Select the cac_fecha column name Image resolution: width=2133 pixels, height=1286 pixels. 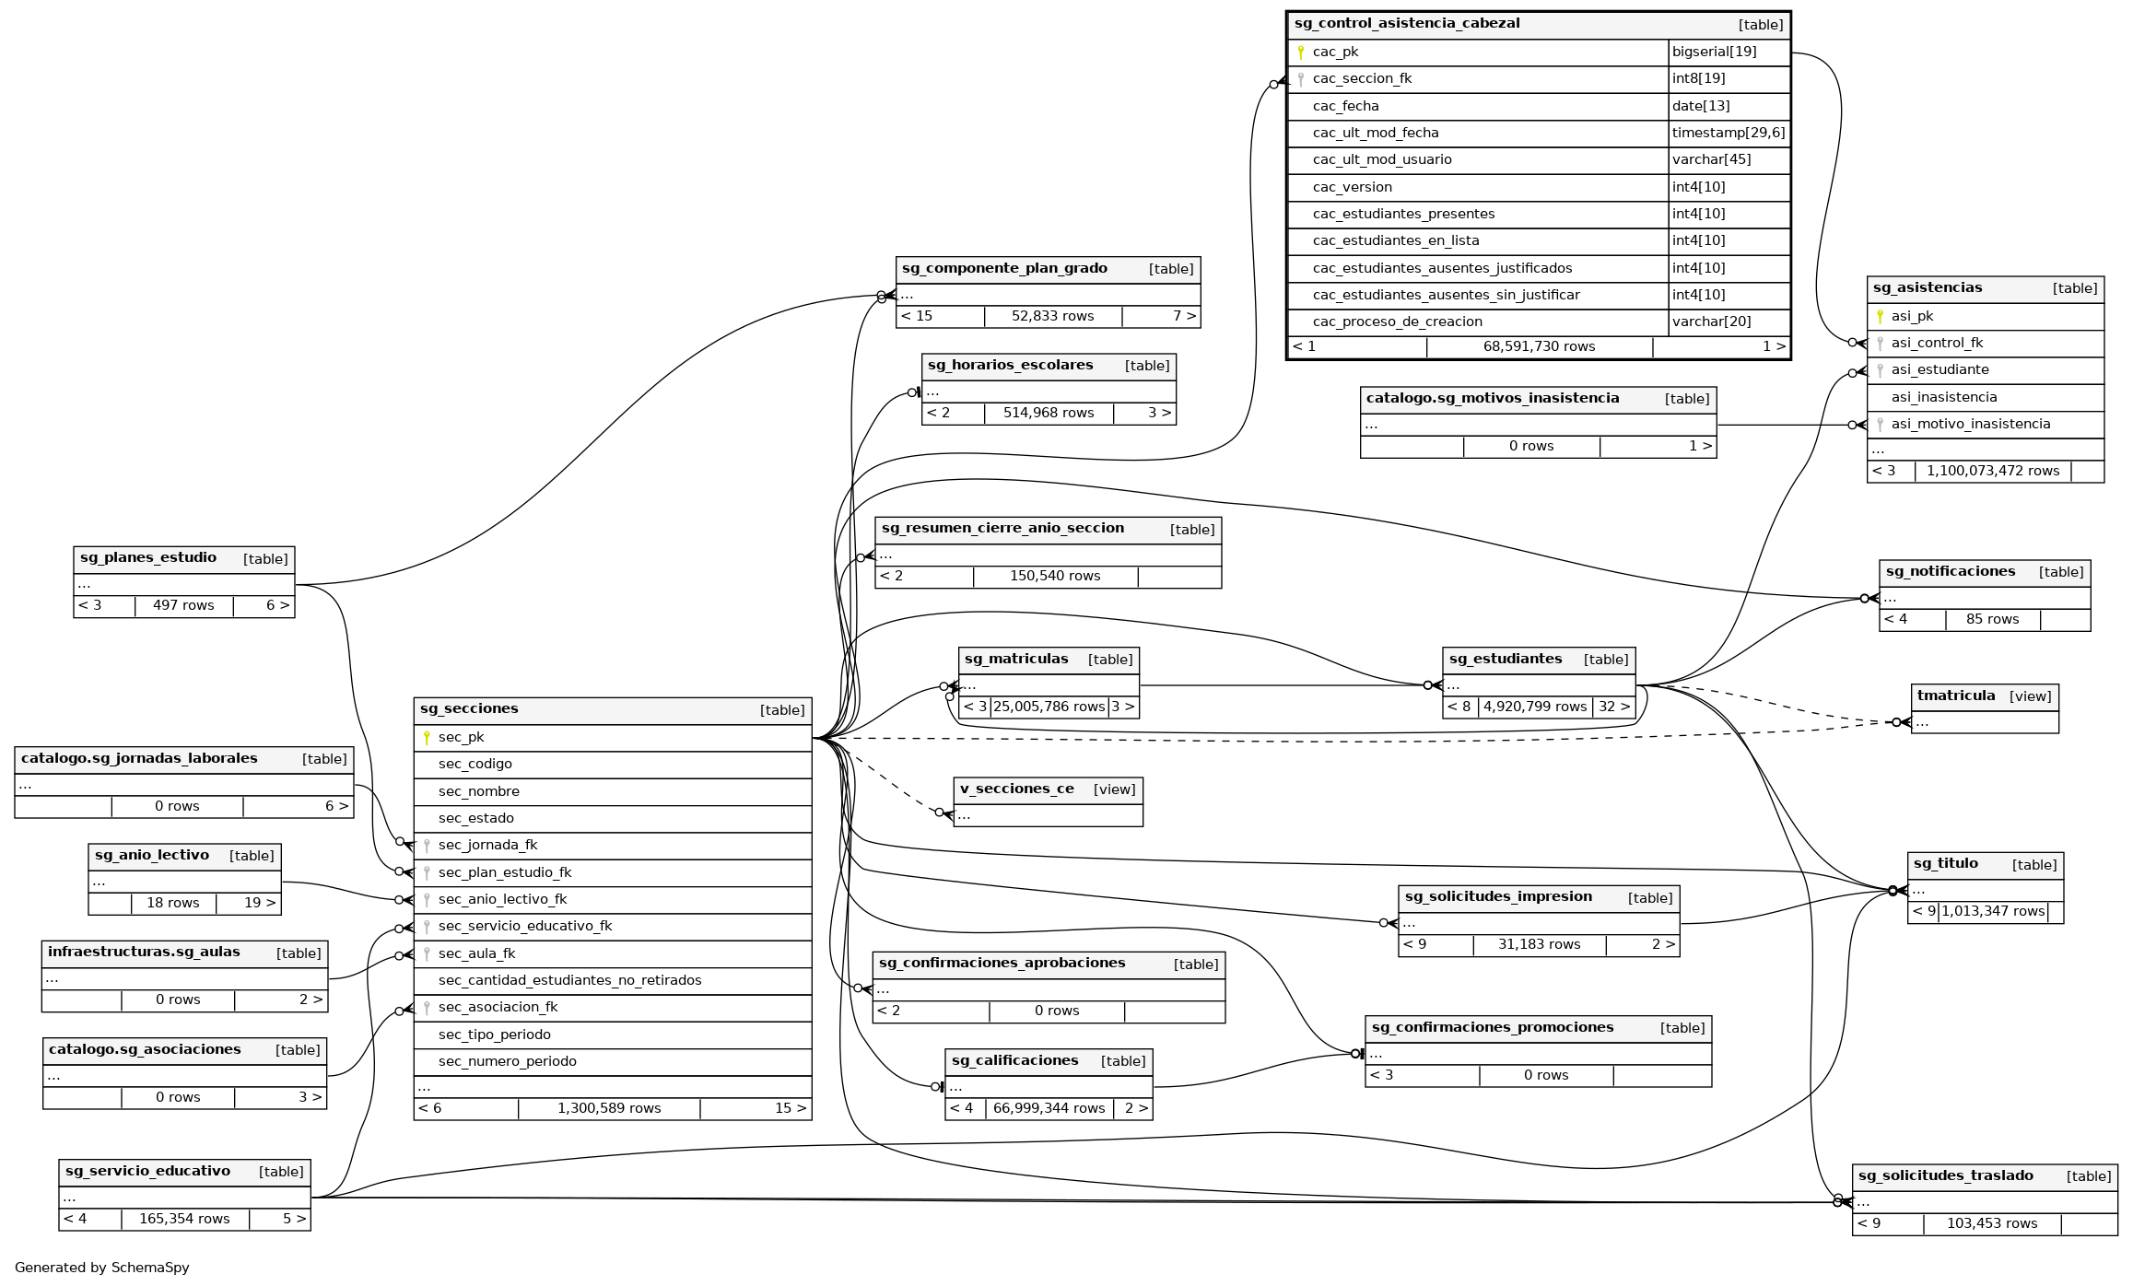tap(1345, 106)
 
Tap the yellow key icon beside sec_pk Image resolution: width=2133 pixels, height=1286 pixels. tap(427, 737)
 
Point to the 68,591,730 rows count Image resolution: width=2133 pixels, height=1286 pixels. tap(1539, 346)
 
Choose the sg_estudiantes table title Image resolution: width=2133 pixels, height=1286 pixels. tap(1505, 660)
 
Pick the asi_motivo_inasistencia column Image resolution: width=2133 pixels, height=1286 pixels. tap(1970, 424)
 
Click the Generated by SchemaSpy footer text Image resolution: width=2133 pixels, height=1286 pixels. tap(101, 1268)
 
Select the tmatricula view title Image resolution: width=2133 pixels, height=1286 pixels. tap(1955, 696)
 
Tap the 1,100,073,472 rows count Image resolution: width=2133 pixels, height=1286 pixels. tap(1992, 471)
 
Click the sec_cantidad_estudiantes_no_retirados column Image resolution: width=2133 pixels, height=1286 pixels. tap(569, 980)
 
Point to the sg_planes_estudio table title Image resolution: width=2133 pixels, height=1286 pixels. tap(148, 558)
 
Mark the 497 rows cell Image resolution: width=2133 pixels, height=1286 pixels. tap(183, 605)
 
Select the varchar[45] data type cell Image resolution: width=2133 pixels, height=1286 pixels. tap(1711, 159)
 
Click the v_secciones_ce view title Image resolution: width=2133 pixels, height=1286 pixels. tap(1016, 789)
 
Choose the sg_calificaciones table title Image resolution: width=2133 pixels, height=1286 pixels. tap(1014, 1061)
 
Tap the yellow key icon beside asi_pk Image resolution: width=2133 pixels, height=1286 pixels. tap(1880, 316)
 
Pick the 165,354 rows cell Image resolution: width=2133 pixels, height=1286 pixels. tap(184, 1219)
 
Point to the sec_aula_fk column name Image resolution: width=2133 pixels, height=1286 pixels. tap(476, 953)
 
